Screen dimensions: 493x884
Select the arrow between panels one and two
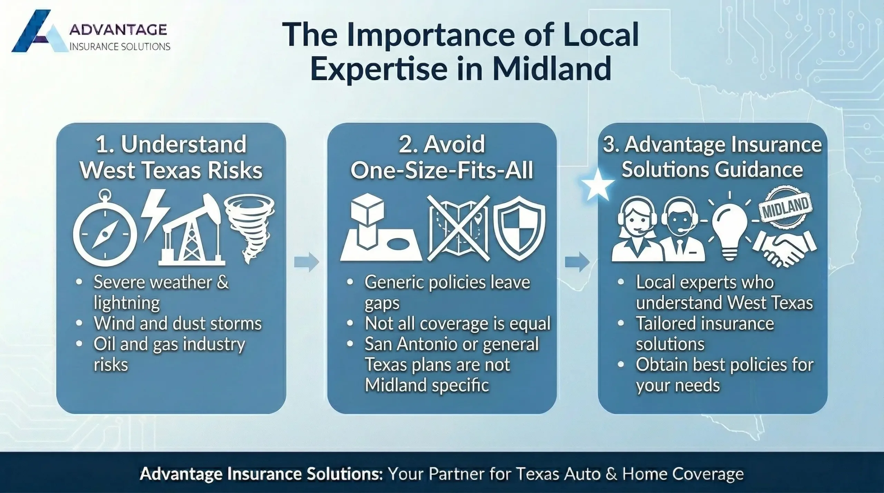[x=306, y=262]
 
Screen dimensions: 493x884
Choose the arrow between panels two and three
[x=577, y=262]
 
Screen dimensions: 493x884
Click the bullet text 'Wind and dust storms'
[x=177, y=324]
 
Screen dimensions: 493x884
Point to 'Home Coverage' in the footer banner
[x=683, y=474]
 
